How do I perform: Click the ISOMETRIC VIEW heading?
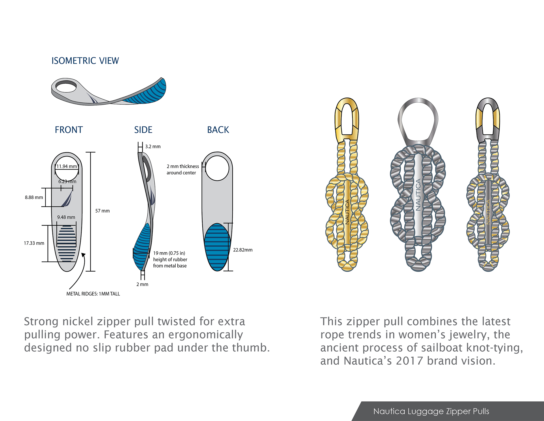[85, 61]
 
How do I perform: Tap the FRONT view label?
[69, 130]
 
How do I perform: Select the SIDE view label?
[143, 130]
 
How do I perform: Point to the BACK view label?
[218, 130]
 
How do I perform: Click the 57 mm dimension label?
[102, 211]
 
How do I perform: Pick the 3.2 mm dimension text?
[153, 147]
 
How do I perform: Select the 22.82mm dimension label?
[243, 250]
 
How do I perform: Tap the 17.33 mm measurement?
[34, 243]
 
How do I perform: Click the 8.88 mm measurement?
[34, 197]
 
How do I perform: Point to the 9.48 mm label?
[66, 217]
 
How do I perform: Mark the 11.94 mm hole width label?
[67, 166]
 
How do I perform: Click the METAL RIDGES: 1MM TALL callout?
[93, 294]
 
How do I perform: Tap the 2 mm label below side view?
[142, 284]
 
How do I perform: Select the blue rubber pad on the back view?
[217, 247]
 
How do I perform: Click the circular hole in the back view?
[217, 168]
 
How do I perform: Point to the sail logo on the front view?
[67, 198]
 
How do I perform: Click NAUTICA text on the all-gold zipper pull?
[347, 212]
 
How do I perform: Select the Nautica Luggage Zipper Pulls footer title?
[431, 411]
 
